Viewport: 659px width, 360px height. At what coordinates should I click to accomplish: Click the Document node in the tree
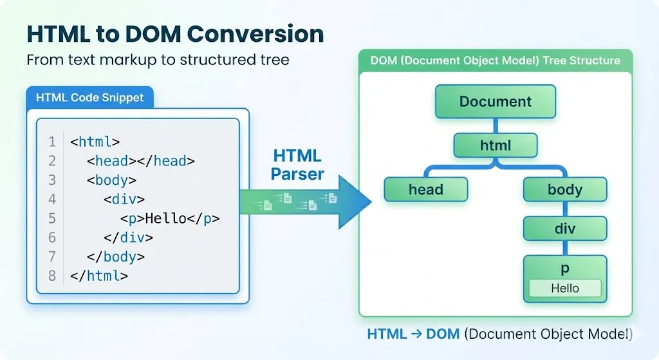tap(495, 101)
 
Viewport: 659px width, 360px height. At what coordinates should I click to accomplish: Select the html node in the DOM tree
tap(495, 146)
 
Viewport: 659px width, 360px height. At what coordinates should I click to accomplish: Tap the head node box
tap(425, 189)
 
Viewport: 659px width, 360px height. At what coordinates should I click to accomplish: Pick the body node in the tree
tap(564, 189)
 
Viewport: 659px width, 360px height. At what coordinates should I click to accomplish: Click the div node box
tap(564, 228)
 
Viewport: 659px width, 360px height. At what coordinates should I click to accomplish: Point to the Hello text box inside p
tap(564, 289)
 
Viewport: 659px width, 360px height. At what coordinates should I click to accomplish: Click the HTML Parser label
tap(297, 165)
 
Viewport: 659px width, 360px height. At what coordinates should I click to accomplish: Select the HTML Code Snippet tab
tap(89, 98)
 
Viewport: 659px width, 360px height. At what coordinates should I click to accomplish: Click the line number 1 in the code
tap(52, 142)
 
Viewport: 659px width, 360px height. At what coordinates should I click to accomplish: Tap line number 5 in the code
tap(52, 218)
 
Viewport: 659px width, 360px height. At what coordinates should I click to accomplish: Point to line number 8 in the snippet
tap(52, 276)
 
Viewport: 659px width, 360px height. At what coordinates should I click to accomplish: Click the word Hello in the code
tap(165, 218)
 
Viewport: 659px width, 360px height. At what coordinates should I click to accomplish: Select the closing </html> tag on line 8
tap(99, 276)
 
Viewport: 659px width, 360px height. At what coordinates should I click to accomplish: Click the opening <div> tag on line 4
tap(124, 199)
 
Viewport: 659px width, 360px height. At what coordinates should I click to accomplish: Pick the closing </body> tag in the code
tap(116, 256)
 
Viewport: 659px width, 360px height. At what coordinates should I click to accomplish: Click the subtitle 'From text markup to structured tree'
tap(158, 61)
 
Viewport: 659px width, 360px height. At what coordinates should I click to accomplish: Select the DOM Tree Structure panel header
tap(495, 61)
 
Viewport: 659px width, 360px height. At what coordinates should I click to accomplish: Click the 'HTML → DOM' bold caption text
tap(413, 334)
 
